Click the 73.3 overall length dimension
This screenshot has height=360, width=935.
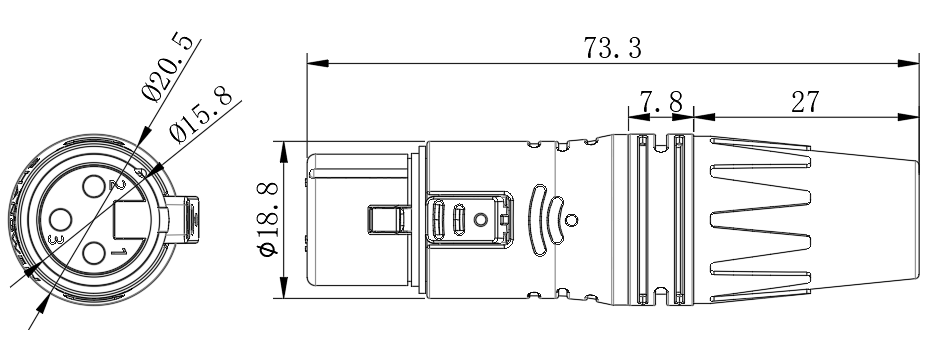tap(612, 48)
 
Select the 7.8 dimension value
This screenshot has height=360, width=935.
tap(661, 103)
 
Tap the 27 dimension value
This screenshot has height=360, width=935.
tap(806, 103)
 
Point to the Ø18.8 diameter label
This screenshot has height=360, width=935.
tap(269, 220)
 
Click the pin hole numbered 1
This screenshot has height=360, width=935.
tap(94, 253)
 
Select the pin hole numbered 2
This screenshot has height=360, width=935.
tap(94, 187)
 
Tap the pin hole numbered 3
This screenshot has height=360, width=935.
tap(61, 219)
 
